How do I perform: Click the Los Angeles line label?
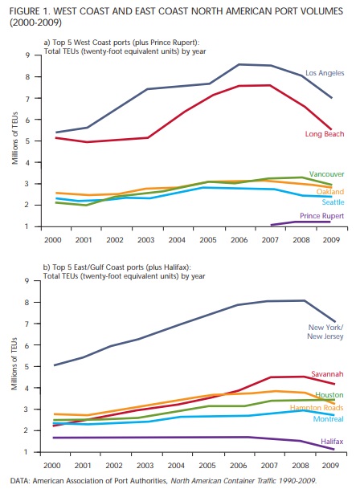(x=325, y=73)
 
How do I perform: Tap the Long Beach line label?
(x=325, y=134)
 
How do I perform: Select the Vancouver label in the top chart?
(x=326, y=174)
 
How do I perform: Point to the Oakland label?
(x=330, y=191)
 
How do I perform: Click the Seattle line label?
(x=333, y=202)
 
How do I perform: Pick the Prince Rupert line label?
(x=322, y=216)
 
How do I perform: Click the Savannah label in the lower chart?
(x=327, y=374)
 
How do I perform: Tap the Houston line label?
(x=329, y=395)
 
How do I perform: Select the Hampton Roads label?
(x=317, y=408)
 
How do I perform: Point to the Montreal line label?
(x=328, y=419)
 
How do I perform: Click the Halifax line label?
(x=332, y=442)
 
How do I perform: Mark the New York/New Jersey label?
(x=325, y=332)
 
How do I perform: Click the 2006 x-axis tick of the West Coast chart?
(x=239, y=240)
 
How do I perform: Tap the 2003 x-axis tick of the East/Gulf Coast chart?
(x=145, y=465)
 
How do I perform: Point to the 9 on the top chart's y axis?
(x=28, y=55)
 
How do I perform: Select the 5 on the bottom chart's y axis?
(x=27, y=366)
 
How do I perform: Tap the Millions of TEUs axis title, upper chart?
(x=15, y=138)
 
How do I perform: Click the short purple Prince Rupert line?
(x=301, y=222)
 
